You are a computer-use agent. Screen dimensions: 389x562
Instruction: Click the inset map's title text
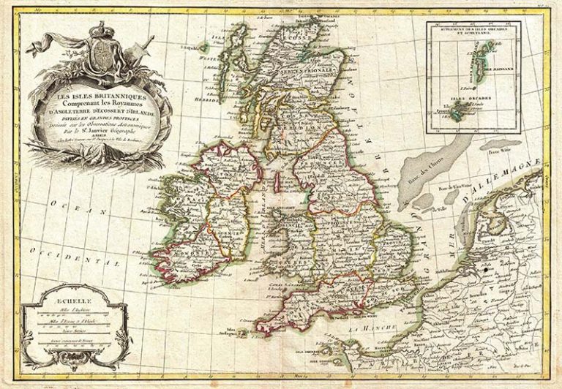coord(473,29)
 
